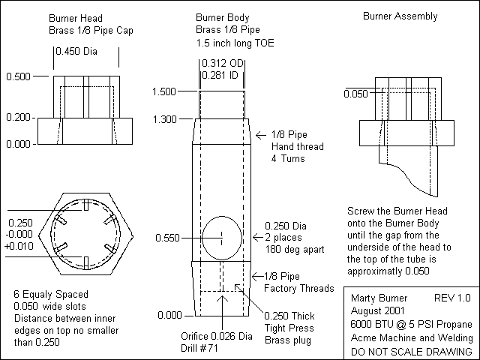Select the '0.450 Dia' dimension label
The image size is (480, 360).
pyautogui.click(x=86, y=52)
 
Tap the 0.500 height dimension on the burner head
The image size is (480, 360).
pyautogui.click(x=18, y=76)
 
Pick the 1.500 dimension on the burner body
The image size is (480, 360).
pyautogui.click(x=163, y=91)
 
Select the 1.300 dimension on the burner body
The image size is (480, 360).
pyautogui.click(x=163, y=119)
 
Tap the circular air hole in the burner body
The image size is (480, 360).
pyautogui.click(x=223, y=237)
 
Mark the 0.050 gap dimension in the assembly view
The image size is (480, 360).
pyautogui.click(x=356, y=94)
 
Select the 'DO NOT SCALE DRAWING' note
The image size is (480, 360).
pyautogui.click(x=412, y=351)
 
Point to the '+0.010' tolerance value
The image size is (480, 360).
pyautogui.click(x=20, y=245)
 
